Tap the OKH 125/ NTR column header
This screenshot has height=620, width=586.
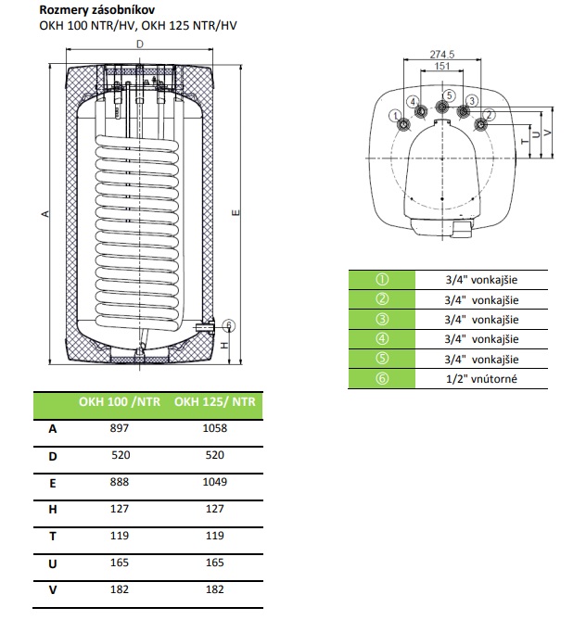tap(214, 402)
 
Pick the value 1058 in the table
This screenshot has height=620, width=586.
tap(214, 428)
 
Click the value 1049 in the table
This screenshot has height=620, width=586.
tap(214, 483)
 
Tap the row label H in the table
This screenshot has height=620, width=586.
tap(51, 510)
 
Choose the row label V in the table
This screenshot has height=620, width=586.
tap(51, 591)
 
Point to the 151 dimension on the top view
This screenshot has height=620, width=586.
tap(443, 67)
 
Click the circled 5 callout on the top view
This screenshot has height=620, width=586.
tap(449, 95)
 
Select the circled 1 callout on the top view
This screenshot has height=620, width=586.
tap(396, 115)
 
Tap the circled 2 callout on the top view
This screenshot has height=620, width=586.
tap(490, 114)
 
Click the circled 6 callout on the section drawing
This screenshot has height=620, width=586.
tap(230, 324)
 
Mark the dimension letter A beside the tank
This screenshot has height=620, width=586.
tap(45, 214)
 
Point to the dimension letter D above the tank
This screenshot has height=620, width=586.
tap(139, 44)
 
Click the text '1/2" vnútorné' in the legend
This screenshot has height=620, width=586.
tap(481, 379)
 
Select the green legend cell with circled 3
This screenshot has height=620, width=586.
tap(382, 320)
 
